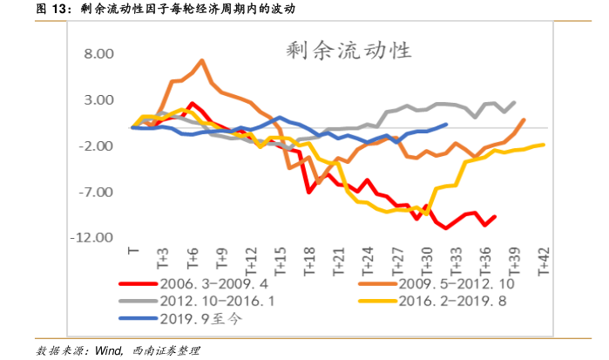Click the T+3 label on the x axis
[163, 260]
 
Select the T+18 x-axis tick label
[310, 262]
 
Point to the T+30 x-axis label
[428, 262]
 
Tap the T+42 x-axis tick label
[545, 262]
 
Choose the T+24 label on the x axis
[369, 262]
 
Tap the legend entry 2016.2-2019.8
[452, 302]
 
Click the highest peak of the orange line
[202, 60]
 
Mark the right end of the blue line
[446, 124]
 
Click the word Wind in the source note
[107, 350]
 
